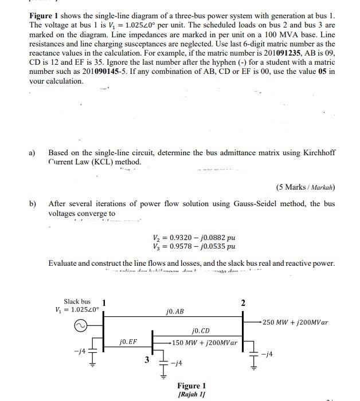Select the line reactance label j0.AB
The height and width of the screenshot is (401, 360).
point(174,312)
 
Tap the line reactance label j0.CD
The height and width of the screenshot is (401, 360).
point(200,331)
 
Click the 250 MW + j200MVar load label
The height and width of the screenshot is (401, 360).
point(296,323)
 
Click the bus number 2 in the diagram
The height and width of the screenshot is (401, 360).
point(242,302)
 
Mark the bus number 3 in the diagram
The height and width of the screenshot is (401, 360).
point(147,359)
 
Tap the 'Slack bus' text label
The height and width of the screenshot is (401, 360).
point(77,302)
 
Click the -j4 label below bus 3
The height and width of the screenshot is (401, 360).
point(178,363)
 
